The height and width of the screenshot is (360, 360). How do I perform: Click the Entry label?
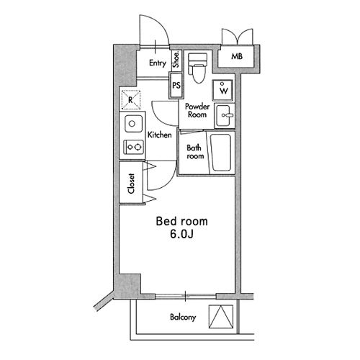coord(158,63)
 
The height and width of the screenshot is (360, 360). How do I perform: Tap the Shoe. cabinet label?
coord(176,59)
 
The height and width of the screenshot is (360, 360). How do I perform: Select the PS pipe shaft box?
coord(176,85)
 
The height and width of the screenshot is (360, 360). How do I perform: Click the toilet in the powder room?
coord(197,68)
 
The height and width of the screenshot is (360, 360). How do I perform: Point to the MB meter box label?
coord(237,56)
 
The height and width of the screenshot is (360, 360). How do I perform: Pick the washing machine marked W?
coord(222,90)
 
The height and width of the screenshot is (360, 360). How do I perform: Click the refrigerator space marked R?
coord(131,100)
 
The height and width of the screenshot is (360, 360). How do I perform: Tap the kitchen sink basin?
coord(133,124)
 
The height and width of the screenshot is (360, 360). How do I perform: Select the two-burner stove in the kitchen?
coord(133,147)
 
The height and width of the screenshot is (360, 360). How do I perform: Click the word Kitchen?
coord(160,135)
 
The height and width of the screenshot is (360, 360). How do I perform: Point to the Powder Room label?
coord(197,110)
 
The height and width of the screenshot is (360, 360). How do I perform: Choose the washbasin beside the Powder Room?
coord(224,115)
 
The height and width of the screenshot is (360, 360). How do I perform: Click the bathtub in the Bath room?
coord(220,153)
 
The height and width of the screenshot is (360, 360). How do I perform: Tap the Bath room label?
coord(195,152)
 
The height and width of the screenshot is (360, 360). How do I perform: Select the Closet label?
coord(131,184)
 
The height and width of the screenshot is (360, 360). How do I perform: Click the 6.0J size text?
coord(181,235)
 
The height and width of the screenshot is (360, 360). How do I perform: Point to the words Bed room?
coord(181,221)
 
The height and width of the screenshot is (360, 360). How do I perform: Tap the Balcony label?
coord(183,317)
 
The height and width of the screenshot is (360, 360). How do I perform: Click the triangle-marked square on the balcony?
coord(221,317)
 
